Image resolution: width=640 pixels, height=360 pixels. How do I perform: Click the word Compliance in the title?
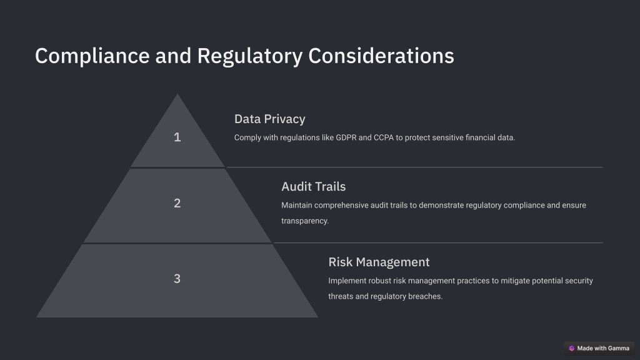pyautogui.click(x=92, y=56)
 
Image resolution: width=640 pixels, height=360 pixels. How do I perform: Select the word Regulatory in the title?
pyautogui.click(x=250, y=56)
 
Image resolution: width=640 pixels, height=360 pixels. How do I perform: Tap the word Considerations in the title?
pyautogui.click(x=381, y=56)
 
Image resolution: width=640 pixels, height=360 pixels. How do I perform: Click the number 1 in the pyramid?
pyautogui.click(x=177, y=137)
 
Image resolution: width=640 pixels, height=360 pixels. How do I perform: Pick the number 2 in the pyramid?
pyautogui.click(x=177, y=203)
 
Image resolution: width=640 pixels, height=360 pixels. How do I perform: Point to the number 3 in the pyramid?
pyautogui.click(x=177, y=279)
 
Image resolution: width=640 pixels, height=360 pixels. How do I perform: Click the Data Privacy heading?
pyautogui.click(x=270, y=119)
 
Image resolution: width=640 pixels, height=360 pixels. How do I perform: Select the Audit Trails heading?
pyautogui.click(x=314, y=186)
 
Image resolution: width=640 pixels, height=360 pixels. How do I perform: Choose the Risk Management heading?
pyautogui.click(x=379, y=262)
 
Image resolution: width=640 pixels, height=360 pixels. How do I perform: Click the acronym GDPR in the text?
pyautogui.click(x=346, y=138)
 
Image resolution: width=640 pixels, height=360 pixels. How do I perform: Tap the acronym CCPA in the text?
pyautogui.click(x=384, y=138)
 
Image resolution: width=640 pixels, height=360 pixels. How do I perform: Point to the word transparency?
pyautogui.click(x=305, y=221)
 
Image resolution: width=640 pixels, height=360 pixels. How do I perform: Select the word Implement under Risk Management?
pyautogui.click(x=347, y=281)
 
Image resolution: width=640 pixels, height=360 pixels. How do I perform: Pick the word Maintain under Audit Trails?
pyautogui.click(x=297, y=205)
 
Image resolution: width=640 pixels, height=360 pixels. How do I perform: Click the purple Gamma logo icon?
pyautogui.click(x=571, y=348)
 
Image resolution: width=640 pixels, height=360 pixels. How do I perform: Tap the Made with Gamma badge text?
pyautogui.click(x=603, y=348)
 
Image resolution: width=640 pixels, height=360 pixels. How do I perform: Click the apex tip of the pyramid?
pyautogui.click(x=177, y=94)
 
